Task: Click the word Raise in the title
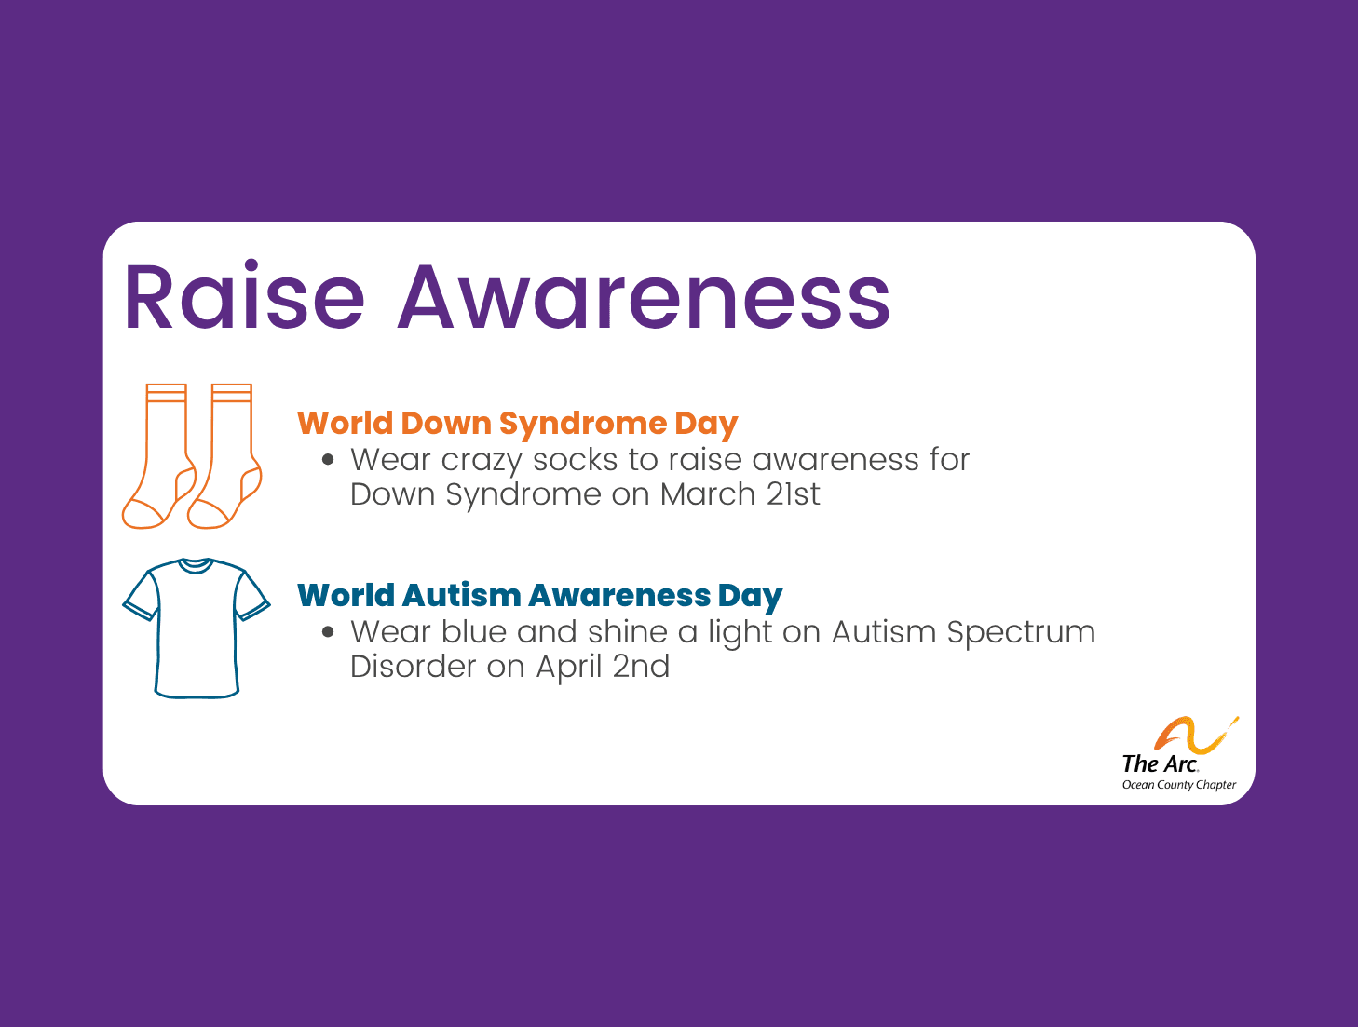[x=244, y=298]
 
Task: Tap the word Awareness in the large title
[x=644, y=298]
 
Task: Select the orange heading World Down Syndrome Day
[x=517, y=424]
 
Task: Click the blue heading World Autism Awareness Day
[x=539, y=595]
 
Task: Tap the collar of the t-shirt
[x=196, y=565]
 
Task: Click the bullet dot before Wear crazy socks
[x=327, y=459]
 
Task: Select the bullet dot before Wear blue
[x=327, y=631]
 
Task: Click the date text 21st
[x=793, y=494]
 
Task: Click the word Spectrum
[x=1021, y=632]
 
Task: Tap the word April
[x=568, y=668]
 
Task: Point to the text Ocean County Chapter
[x=1179, y=785]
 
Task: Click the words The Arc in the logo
[x=1160, y=764]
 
